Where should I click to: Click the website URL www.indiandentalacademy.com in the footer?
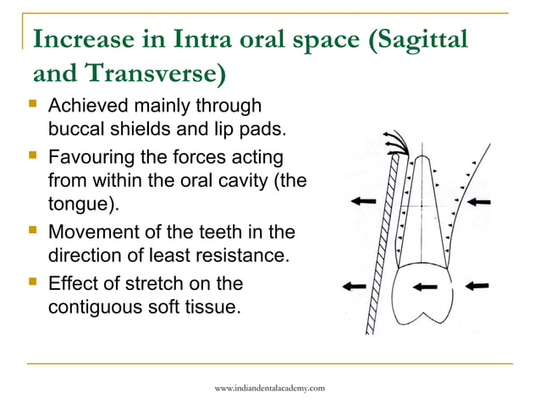coord(269,387)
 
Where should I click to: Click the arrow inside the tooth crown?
coord(426,287)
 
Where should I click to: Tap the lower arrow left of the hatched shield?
coord(355,287)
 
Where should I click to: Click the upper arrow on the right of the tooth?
coord(479,201)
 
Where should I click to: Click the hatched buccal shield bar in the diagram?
coord(386,245)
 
